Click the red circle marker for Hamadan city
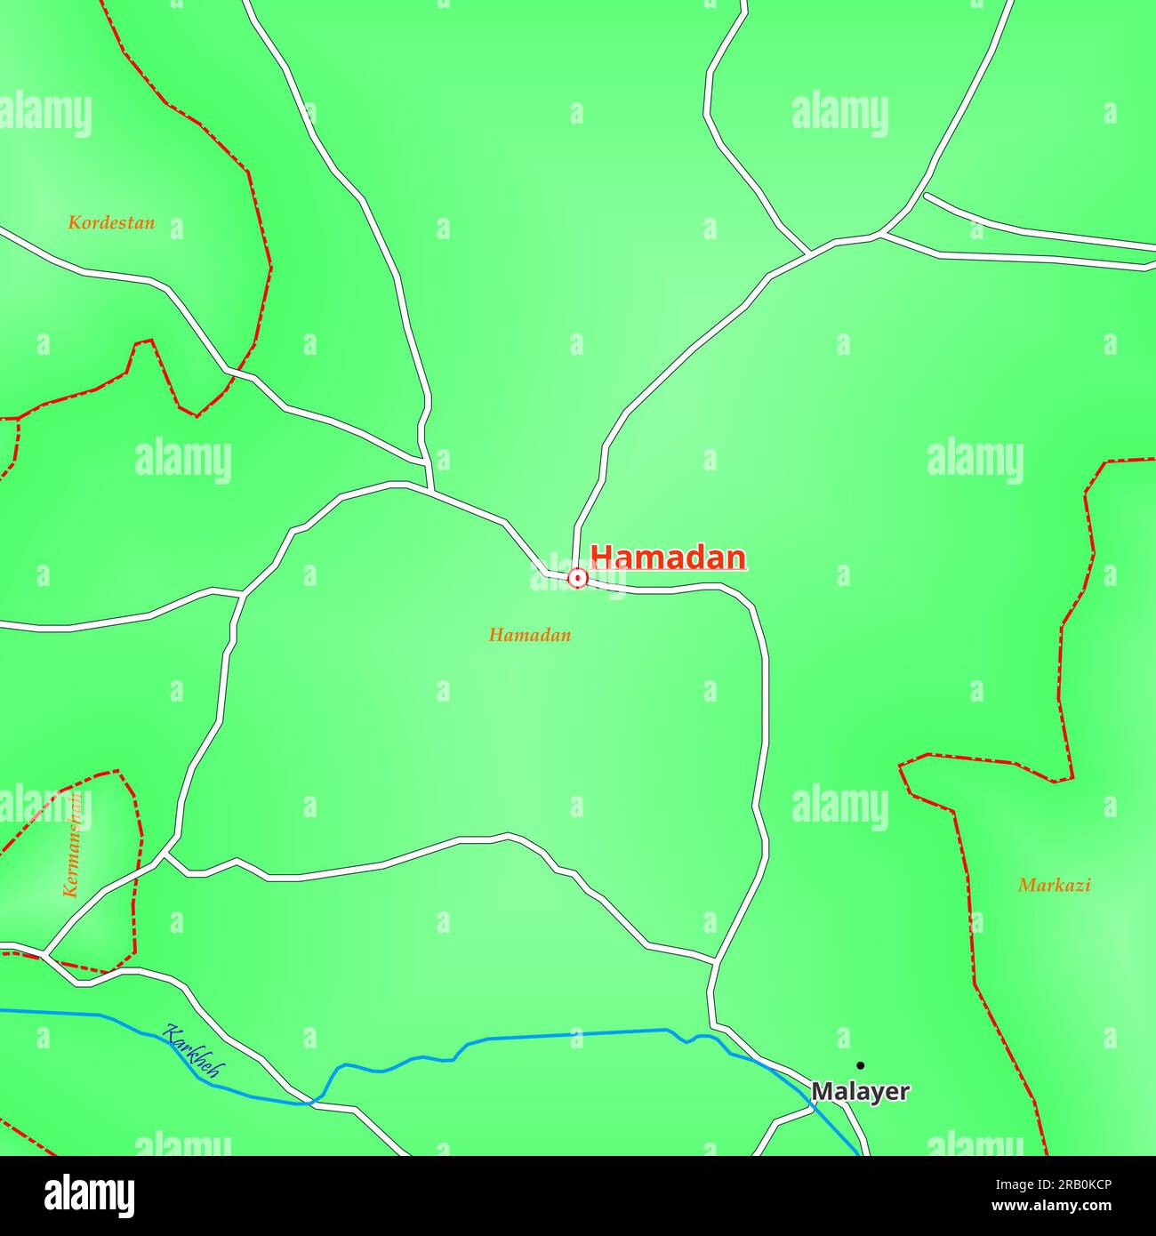point(578,578)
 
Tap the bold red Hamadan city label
point(667,558)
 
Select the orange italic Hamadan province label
point(530,635)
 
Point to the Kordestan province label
point(111,222)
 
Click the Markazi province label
point(1054,885)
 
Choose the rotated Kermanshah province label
point(74,845)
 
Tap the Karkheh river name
point(191,1052)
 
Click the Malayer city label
point(860,1091)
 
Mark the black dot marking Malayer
point(860,1064)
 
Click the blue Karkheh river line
point(569,1034)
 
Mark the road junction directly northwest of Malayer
point(715,960)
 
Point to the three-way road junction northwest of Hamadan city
point(431,489)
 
